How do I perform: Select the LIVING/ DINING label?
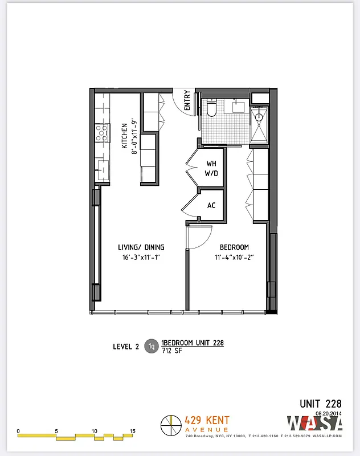(x=141, y=247)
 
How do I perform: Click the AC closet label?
(x=211, y=206)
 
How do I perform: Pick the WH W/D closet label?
(x=211, y=168)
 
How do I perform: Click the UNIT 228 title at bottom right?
(x=321, y=404)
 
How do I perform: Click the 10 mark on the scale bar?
(x=94, y=430)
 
